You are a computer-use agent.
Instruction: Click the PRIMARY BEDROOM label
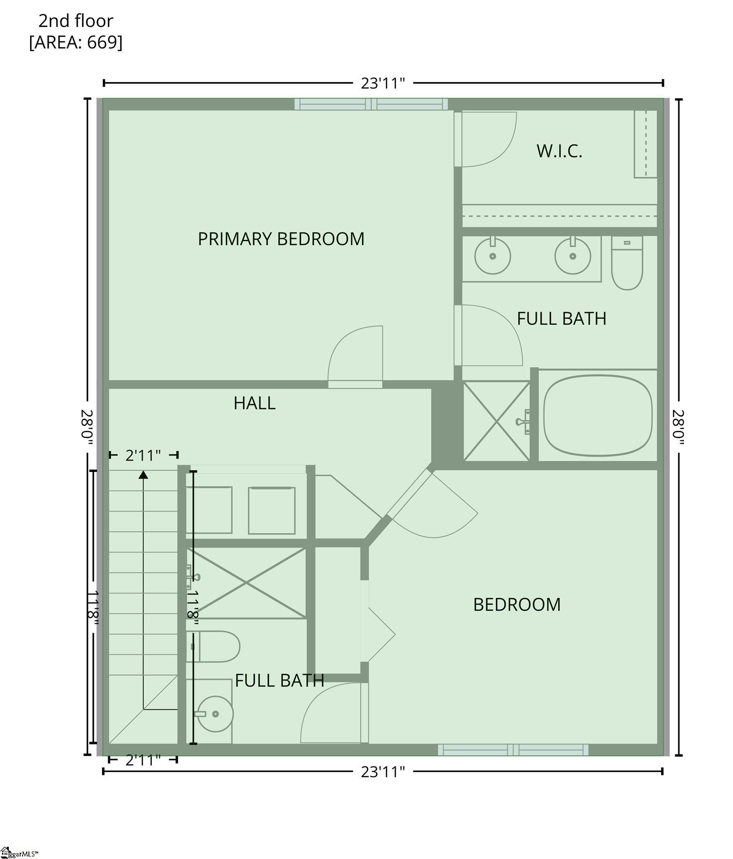pyautogui.click(x=281, y=239)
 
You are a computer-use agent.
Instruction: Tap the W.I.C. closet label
pyautogui.click(x=559, y=151)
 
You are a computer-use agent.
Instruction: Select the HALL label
pyautogui.click(x=254, y=403)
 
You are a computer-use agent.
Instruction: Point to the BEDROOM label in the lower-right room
pyautogui.click(x=517, y=605)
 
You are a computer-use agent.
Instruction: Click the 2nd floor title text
pyautogui.click(x=76, y=21)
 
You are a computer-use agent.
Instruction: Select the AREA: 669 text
pyautogui.click(x=76, y=42)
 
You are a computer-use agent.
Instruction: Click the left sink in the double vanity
pyautogui.click(x=492, y=255)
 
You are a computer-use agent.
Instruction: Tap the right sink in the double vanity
pyautogui.click(x=572, y=255)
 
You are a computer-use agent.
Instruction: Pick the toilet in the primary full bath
pyautogui.click(x=627, y=263)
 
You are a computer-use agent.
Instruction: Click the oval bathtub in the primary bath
pyautogui.click(x=598, y=415)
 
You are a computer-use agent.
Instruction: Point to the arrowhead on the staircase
pyautogui.click(x=143, y=474)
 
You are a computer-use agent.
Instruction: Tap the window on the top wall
pyautogui.click(x=371, y=104)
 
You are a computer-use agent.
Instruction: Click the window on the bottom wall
pyautogui.click(x=513, y=750)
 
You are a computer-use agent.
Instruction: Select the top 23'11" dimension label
pyautogui.click(x=383, y=83)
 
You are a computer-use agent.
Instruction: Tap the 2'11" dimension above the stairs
pyautogui.click(x=143, y=456)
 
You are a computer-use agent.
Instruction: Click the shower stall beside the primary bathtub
pyautogui.click(x=497, y=421)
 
